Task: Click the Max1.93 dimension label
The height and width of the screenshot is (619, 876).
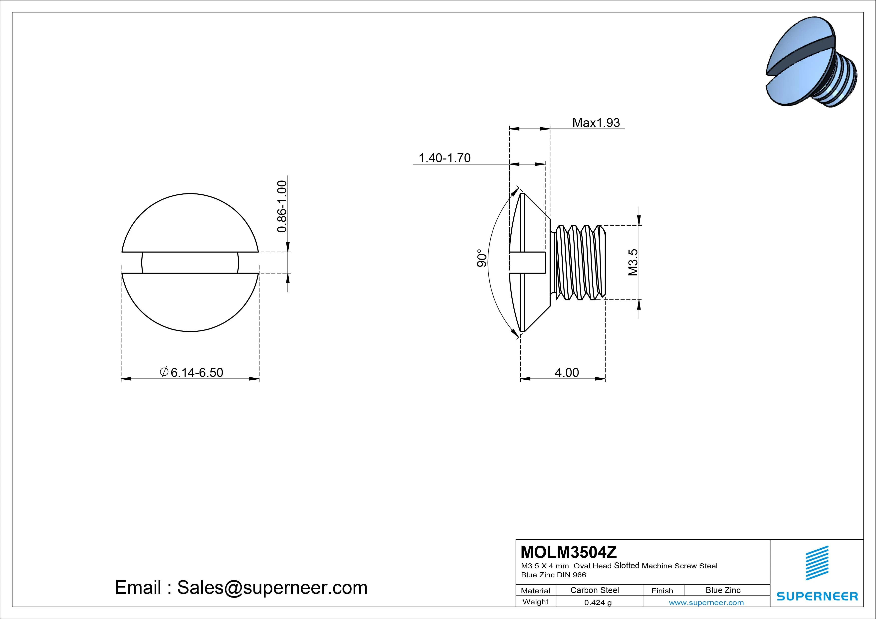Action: [596, 123]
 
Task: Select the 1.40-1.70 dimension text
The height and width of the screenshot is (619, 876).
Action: [444, 158]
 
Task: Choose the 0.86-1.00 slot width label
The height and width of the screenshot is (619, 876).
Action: [282, 206]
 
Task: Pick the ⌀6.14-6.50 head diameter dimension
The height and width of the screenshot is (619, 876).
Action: [192, 372]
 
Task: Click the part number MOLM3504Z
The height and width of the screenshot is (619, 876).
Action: [569, 552]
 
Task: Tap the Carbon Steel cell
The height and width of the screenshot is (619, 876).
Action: [594, 590]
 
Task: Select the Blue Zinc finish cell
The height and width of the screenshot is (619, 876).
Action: [723, 590]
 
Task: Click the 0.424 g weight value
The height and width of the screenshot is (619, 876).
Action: [598, 603]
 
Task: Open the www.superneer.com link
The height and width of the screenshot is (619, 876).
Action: [706, 603]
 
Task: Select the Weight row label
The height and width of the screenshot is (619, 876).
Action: [535, 602]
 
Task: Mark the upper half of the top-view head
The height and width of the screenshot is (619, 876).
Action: [190, 225]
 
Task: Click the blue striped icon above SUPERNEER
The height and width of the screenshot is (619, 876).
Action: [817, 563]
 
